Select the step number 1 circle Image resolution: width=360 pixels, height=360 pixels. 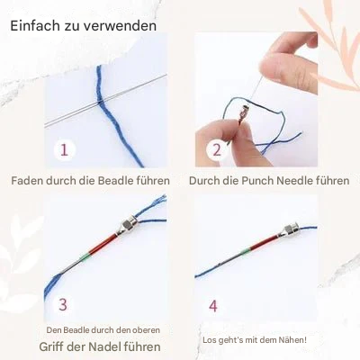(64, 148)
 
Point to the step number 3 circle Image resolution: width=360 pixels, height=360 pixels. (62, 305)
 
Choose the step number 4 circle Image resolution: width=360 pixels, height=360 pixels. (212, 305)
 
